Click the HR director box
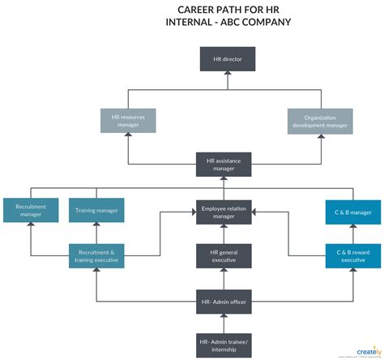[227, 58]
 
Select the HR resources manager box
[128, 121]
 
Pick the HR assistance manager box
[224, 165]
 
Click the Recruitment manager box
[31, 211]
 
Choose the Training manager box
[96, 211]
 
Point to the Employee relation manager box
[224, 212]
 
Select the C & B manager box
[353, 212]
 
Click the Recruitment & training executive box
[96, 256]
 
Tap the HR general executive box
[224, 256]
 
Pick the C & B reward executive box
[353, 256]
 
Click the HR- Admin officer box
[224, 302]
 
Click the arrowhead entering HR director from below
[227, 74]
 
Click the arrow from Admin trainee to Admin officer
[224, 322]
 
